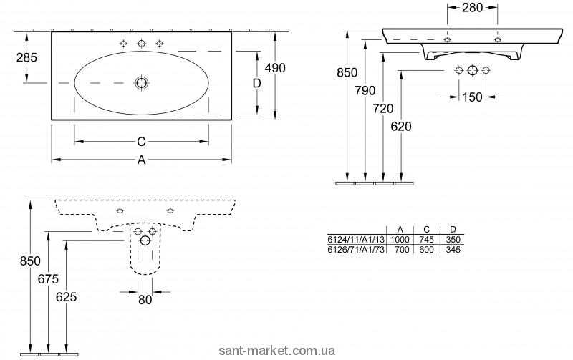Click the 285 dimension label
click(x=27, y=57)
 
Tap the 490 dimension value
click(x=275, y=68)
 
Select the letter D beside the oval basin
click(x=257, y=84)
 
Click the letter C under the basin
click(x=141, y=142)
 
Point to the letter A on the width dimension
click(x=141, y=160)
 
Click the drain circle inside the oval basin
click(x=141, y=83)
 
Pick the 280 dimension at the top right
click(x=472, y=7)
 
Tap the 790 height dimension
click(x=365, y=91)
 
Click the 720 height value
click(x=383, y=109)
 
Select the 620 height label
click(x=401, y=127)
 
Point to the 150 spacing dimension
click(x=472, y=97)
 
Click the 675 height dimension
click(x=48, y=279)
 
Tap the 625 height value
click(x=67, y=297)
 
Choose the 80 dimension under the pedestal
click(x=145, y=300)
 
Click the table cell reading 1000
click(x=400, y=240)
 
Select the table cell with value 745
click(x=426, y=240)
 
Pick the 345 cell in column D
click(x=453, y=250)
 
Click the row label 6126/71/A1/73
click(x=355, y=250)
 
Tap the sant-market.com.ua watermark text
click(x=277, y=351)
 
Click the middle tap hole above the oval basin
click(x=141, y=44)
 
